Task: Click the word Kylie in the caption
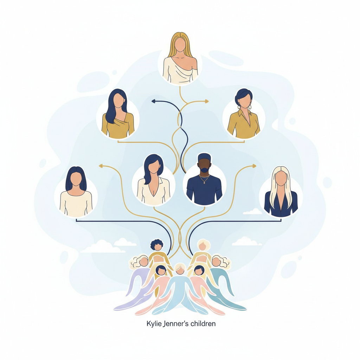(153, 324)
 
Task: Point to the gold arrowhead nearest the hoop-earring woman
(206, 101)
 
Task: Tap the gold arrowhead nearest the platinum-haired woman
(254, 166)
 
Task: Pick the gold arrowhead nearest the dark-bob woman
(101, 166)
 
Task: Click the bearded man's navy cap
(204, 157)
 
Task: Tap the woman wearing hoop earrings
(244, 114)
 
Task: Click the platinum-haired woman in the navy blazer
(281, 191)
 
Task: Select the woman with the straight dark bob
(76, 191)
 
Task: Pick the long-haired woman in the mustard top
(118, 114)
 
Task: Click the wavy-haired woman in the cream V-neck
(153, 179)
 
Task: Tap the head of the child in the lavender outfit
(140, 262)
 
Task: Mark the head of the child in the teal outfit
(220, 262)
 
